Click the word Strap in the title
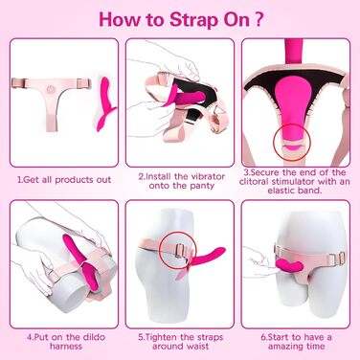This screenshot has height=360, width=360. (193, 20)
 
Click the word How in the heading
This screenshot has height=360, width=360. (120, 19)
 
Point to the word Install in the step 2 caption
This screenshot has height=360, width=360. (163, 176)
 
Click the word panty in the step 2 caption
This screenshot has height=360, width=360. (201, 186)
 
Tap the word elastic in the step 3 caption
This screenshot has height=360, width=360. (281, 191)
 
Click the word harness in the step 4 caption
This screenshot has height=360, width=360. (66, 347)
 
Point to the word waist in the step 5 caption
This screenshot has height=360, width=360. (198, 347)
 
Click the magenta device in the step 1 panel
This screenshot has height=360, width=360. (105, 104)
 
